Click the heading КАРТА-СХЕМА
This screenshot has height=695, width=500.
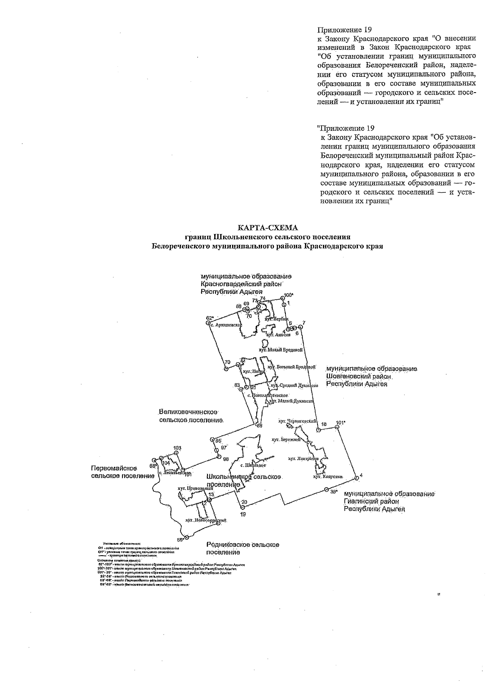(x=268, y=228)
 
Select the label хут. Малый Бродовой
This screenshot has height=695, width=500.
(x=281, y=350)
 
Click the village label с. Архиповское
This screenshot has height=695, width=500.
(x=225, y=324)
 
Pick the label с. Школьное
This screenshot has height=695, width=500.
(x=253, y=465)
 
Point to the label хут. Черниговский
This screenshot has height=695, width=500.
(x=296, y=421)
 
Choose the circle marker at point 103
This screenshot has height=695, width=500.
(x=177, y=453)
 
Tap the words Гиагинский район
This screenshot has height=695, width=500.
(x=372, y=501)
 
